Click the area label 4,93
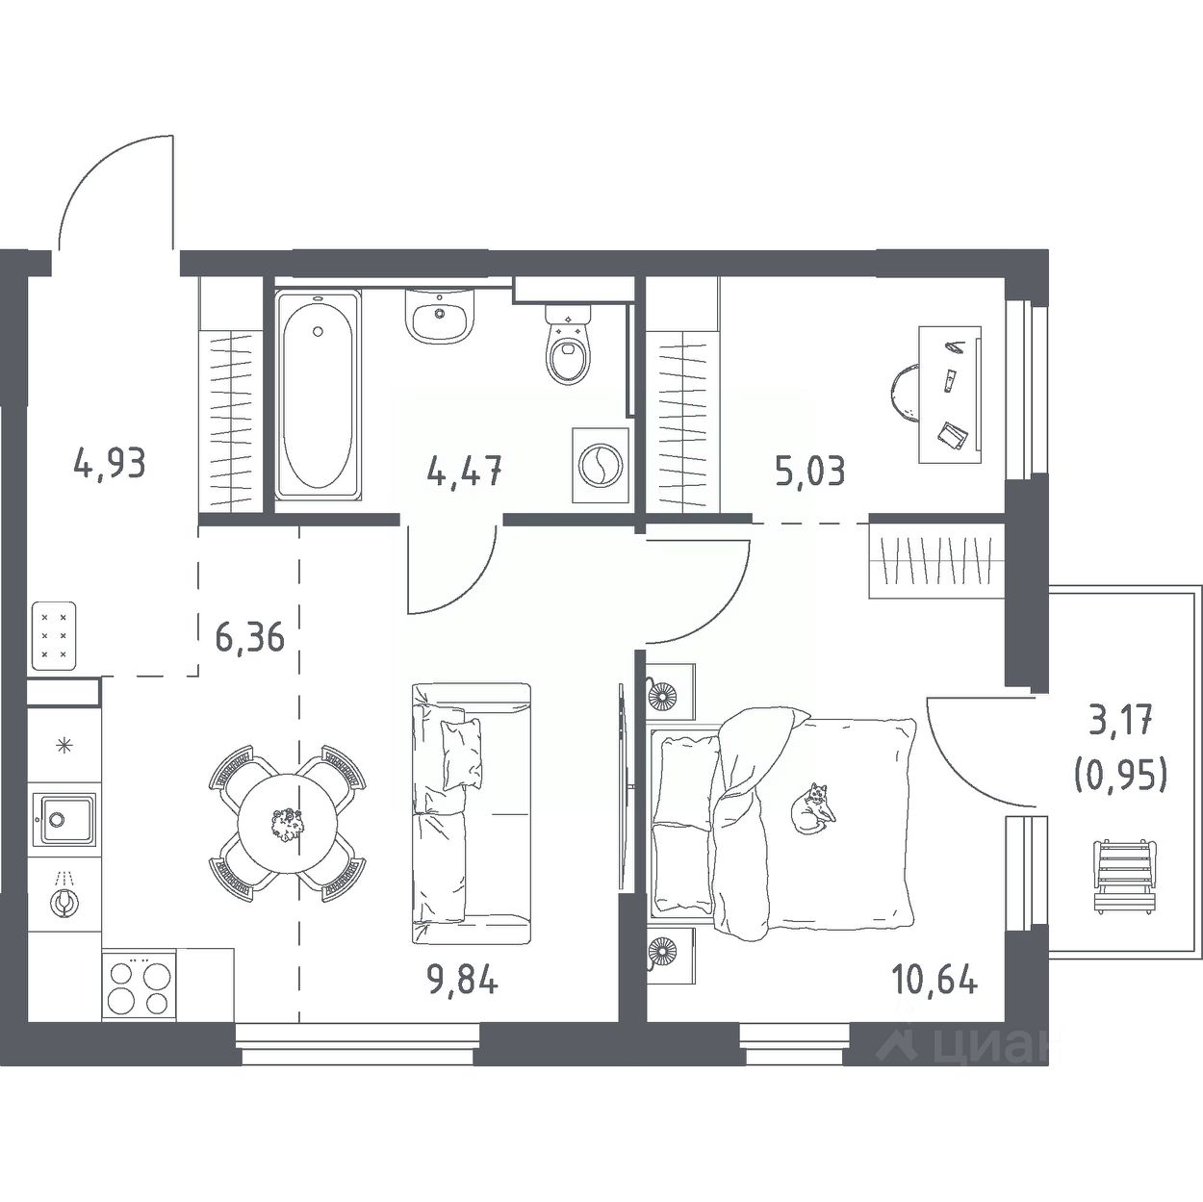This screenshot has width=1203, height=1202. [x=110, y=465]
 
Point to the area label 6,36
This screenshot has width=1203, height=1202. [x=249, y=637]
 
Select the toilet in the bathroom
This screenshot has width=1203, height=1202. [x=568, y=344]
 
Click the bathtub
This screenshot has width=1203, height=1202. [x=319, y=395]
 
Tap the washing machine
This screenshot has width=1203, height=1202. [x=600, y=465]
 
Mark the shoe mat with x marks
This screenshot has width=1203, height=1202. [x=53, y=636]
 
